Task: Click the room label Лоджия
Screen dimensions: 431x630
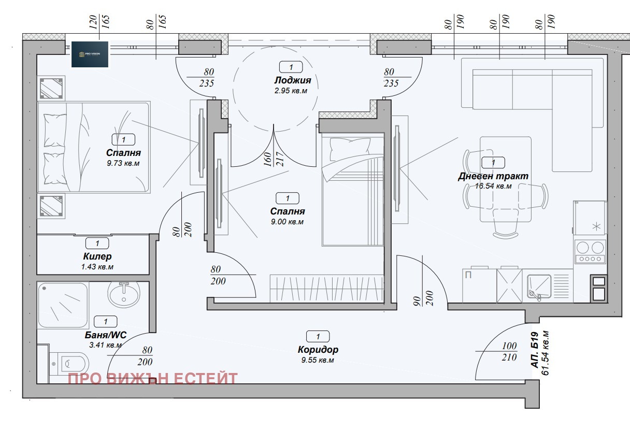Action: [x=293, y=80]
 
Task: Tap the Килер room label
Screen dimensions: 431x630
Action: [x=97, y=256]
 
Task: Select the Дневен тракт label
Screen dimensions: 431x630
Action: [x=493, y=176]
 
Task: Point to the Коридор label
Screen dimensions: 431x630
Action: [x=318, y=350]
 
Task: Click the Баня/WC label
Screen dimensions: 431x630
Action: [x=105, y=335]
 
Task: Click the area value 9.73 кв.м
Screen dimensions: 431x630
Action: [x=123, y=163]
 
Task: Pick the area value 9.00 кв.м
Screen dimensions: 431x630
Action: [x=287, y=222]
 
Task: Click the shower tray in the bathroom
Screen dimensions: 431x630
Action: [x=63, y=305]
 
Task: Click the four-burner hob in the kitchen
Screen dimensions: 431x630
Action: [x=590, y=252]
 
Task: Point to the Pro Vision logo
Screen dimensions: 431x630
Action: [x=90, y=54]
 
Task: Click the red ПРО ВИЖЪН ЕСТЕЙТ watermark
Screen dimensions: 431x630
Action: [x=153, y=379]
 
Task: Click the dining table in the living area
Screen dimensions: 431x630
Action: [x=505, y=179]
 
